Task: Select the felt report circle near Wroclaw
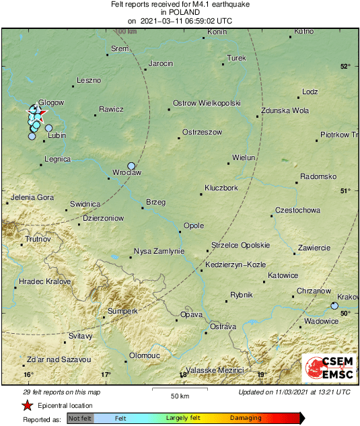point(131,166)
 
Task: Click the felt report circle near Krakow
point(334,306)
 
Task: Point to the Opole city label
point(193,226)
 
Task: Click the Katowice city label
point(283,275)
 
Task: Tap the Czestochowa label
point(297,211)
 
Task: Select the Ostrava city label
point(223,326)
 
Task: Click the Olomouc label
point(144,355)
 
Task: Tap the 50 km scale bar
point(179,389)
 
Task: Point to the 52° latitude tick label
point(345,66)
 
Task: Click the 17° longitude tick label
point(106,374)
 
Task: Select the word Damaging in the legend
point(246,418)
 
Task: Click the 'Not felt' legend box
point(80,419)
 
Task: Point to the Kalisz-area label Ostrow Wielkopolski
point(207,103)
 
